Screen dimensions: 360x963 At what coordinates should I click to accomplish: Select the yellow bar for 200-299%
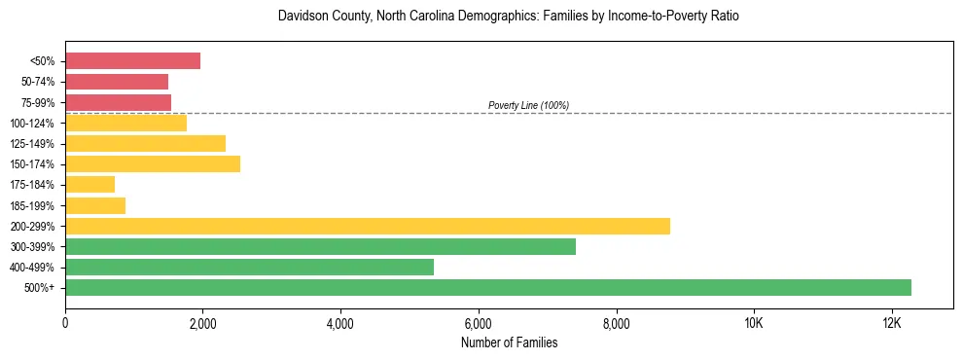coord(368,226)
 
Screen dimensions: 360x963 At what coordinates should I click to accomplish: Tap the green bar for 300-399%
coord(320,246)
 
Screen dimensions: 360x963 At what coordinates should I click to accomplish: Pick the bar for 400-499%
coord(249,267)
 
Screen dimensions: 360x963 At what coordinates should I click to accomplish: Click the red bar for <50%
coord(132,61)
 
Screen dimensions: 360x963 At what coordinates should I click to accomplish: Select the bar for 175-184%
coord(89,184)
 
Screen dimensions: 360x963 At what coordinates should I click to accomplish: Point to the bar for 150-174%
coord(153,163)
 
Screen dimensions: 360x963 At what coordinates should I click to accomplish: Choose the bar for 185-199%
coord(95,205)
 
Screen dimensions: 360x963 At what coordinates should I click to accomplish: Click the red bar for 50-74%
coord(117,82)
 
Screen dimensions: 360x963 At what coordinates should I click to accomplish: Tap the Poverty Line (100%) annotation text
coord(528,105)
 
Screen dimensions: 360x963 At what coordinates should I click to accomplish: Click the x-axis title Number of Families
coord(509,342)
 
